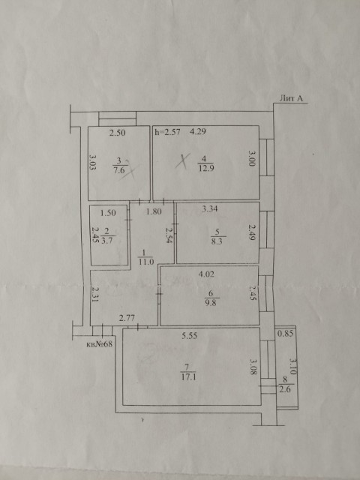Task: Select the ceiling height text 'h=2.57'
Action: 167,132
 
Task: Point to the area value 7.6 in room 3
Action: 118,169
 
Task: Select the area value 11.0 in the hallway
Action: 146,262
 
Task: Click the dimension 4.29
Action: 199,132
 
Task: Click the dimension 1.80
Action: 154,212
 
